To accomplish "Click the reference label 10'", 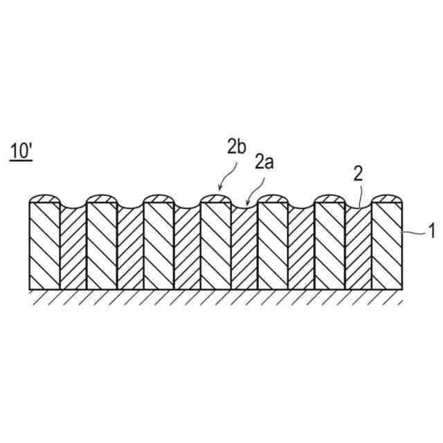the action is [20, 151].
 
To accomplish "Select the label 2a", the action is [264, 163].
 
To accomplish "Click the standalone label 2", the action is [358, 174].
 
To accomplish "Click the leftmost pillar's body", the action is [44, 246].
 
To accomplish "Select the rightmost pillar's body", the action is [387, 246].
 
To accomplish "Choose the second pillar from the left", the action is [102, 246].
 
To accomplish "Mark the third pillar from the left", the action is [159, 246].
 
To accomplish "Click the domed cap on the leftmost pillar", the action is [44, 199].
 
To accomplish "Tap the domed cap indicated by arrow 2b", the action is [215, 199].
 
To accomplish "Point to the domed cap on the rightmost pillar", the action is [387, 199].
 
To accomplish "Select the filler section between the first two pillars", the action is [73, 249].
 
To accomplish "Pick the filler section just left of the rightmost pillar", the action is [359, 249].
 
